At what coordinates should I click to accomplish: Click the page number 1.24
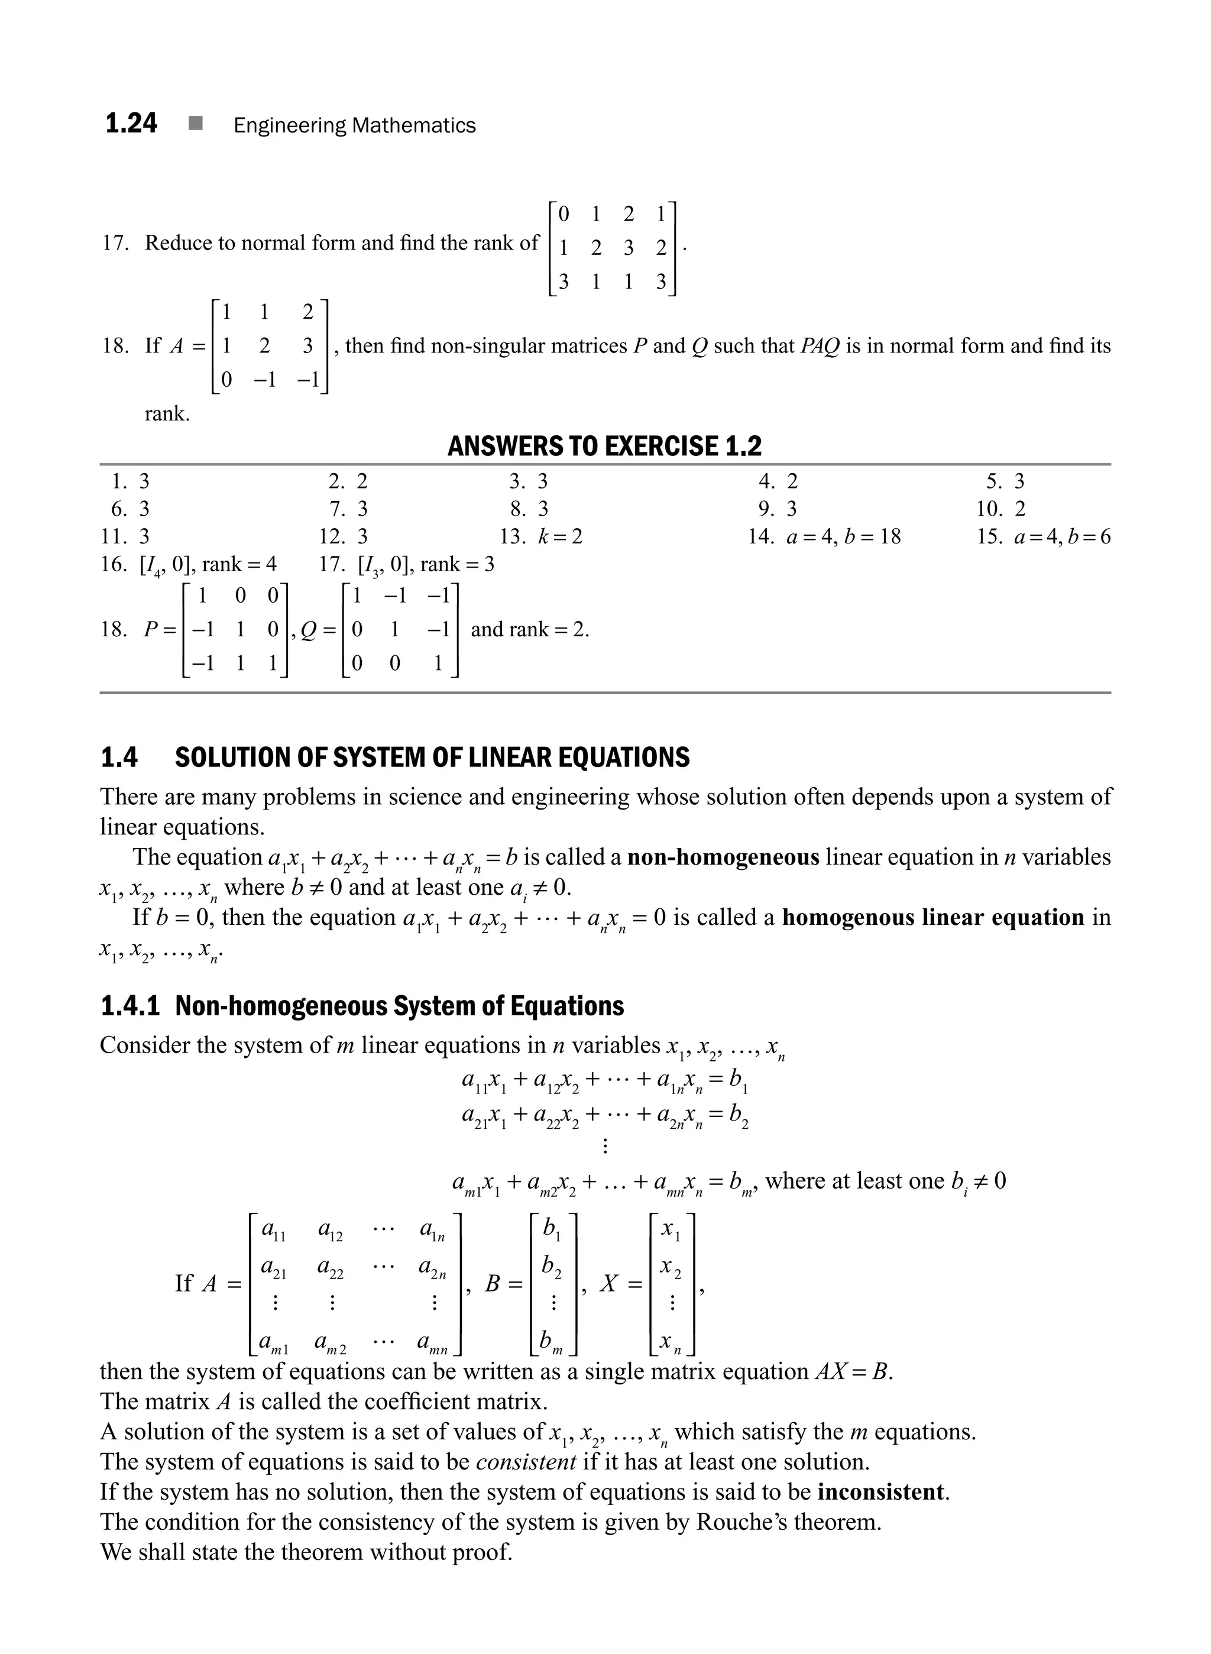pyautogui.click(x=131, y=123)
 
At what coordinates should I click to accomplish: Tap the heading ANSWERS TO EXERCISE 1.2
pyautogui.click(x=605, y=446)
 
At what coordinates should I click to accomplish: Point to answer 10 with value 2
pyautogui.click(x=1001, y=509)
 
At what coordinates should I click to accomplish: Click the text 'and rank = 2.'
pyautogui.click(x=529, y=629)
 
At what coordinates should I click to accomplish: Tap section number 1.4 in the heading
pyautogui.click(x=119, y=758)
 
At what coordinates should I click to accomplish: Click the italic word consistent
pyautogui.click(x=526, y=1462)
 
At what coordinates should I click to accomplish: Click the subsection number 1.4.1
pyautogui.click(x=129, y=1006)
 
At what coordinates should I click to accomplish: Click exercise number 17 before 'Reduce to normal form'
pyautogui.click(x=115, y=242)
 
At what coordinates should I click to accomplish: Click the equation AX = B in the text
pyautogui.click(x=853, y=1371)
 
